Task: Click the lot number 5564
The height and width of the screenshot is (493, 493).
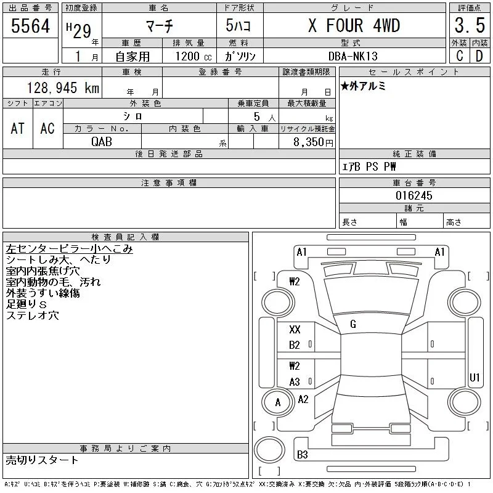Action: (x=30, y=26)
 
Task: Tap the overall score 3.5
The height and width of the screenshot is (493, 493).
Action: (x=470, y=25)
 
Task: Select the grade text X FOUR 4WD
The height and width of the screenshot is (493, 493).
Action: (x=354, y=25)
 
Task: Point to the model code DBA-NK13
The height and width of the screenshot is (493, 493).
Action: (x=352, y=56)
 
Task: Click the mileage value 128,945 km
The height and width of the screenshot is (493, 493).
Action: (x=63, y=88)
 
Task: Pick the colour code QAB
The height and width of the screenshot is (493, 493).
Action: (x=102, y=142)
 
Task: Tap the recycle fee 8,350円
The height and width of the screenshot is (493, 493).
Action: (x=313, y=142)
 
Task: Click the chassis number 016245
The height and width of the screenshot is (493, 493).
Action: (x=414, y=195)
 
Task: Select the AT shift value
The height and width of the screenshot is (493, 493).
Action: (x=18, y=129)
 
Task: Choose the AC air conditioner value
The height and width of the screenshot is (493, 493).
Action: (x=47, y=129)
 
